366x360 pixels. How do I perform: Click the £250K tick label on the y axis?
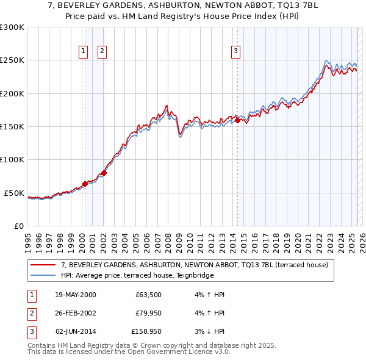pos(12,60)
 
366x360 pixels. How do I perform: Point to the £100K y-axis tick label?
pos(12,159)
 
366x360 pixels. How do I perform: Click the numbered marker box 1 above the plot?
pos(83,52)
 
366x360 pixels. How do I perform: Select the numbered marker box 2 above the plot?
pos(102,52)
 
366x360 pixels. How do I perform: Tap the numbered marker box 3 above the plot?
pos(235,52)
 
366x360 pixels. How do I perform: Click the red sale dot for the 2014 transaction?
pos(237,121)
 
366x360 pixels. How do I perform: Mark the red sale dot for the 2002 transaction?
pos(104,173)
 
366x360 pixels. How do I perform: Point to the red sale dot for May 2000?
pos(85,184)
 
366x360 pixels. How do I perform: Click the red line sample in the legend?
pos(43,265)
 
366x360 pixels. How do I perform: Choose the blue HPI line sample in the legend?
pos(43,275)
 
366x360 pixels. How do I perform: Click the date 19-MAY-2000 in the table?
pos(75,295)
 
